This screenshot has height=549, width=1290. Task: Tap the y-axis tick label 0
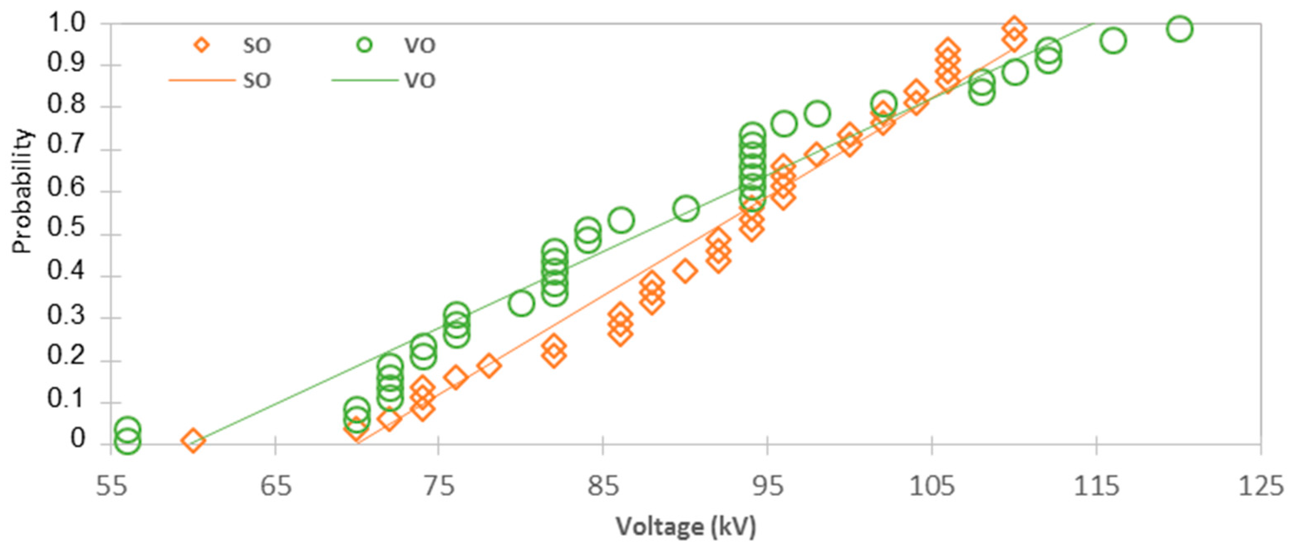click(x=78, y=439)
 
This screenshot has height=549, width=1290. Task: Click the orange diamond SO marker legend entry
click(x=201, y=45)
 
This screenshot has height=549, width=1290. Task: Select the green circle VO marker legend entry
click(x=365, y=45)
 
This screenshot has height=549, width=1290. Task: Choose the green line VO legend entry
click(x=365, y=80)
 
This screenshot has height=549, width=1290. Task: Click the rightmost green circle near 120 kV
click(x=1179, y=29)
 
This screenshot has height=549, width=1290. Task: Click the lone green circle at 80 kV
click(x=521, y=303)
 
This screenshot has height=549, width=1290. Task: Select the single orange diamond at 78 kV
click(x=489, y=366)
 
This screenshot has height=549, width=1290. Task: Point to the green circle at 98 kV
click(x=817, y=114)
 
